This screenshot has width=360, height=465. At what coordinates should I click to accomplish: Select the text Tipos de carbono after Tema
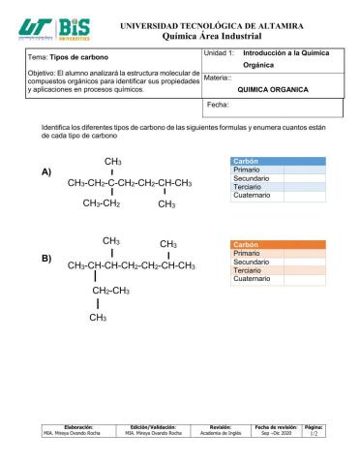(x=80, y=58)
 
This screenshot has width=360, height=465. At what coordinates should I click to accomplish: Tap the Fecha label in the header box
(x=218, y=103)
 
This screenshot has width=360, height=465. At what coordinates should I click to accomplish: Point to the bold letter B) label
(x=46, y=260)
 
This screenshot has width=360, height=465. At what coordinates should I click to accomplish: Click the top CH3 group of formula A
(x=112, y=160)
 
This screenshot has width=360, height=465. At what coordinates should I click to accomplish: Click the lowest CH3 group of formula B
(x=98, y=317)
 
